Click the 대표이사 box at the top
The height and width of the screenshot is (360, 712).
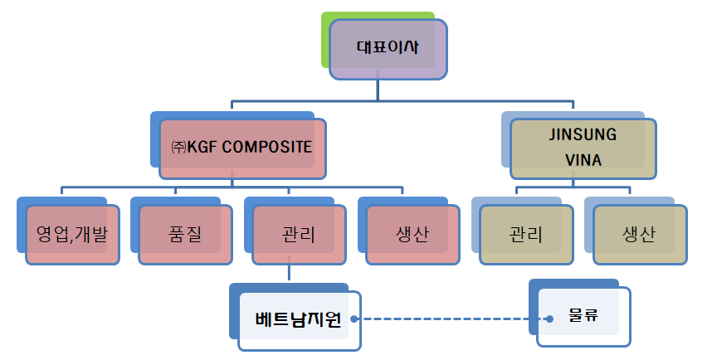[x=388, y=50]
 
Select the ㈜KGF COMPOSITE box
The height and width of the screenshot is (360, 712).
[x=242, y=149]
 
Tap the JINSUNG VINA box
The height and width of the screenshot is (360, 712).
[x=583, y=149]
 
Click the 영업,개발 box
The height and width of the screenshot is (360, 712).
[x=73, y=235]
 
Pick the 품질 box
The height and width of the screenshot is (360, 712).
[x=186, y=235]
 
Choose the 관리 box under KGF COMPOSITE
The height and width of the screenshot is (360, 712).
[x=300, y=235]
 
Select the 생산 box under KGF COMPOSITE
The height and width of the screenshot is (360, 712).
[x=412, y=235]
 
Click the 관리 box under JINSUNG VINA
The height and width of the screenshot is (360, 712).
[x=527, y=235]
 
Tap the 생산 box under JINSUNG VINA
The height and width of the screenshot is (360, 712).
[x=641, y=235]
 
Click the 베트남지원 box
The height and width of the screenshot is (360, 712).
[x=300, y=321]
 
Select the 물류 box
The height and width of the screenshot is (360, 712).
[x=584, y=317]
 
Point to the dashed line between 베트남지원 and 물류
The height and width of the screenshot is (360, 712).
[x=451, y=319]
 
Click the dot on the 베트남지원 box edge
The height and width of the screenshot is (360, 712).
[x=354, y=319]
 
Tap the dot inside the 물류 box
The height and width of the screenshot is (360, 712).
[x=550, y=319]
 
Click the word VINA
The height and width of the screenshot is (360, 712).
[x=583, y=160]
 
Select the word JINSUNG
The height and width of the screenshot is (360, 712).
[x=583, y=134]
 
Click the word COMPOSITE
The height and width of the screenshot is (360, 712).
[x=267, y=147]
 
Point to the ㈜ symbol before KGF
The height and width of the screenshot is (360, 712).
[x=178, y=147]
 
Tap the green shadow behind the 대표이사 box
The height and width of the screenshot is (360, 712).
[x=325, y=40]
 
